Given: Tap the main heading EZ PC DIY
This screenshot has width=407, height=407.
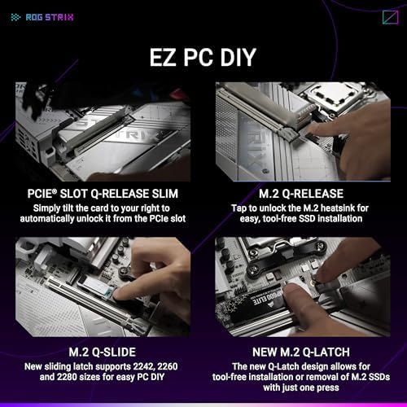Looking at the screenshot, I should click(x=203, y=58).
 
